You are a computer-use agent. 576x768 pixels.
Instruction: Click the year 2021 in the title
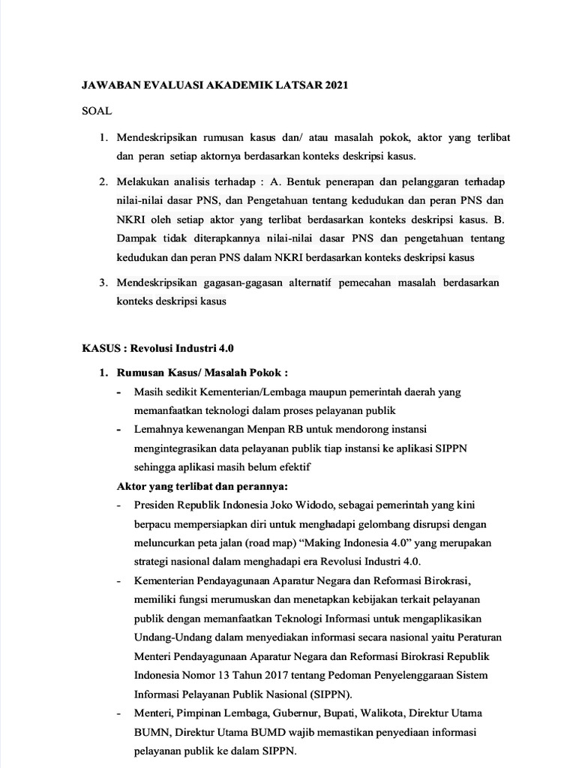(x=335, y=86)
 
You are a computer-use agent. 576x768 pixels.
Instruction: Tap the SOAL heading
(x=97, y=111)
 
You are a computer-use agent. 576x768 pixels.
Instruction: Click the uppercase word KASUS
(x=103, y=348)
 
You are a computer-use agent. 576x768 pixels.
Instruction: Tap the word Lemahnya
(x=157, y=430)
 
